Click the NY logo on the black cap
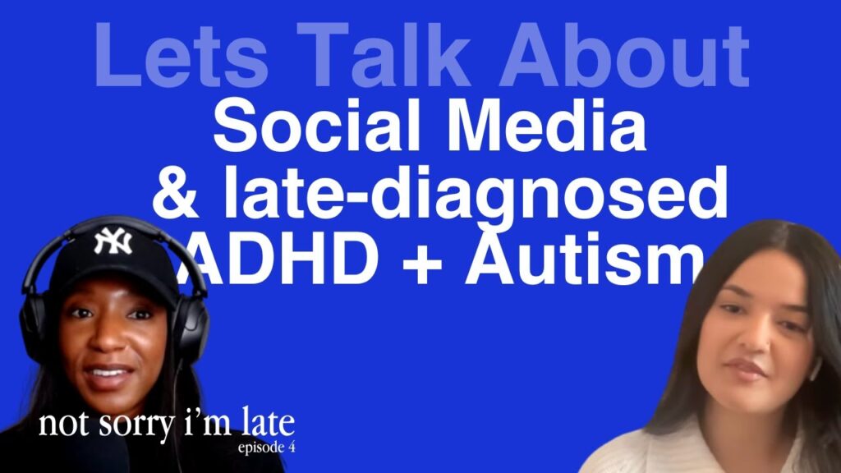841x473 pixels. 112,241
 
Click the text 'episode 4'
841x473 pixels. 264,448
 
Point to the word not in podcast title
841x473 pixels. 60,426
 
